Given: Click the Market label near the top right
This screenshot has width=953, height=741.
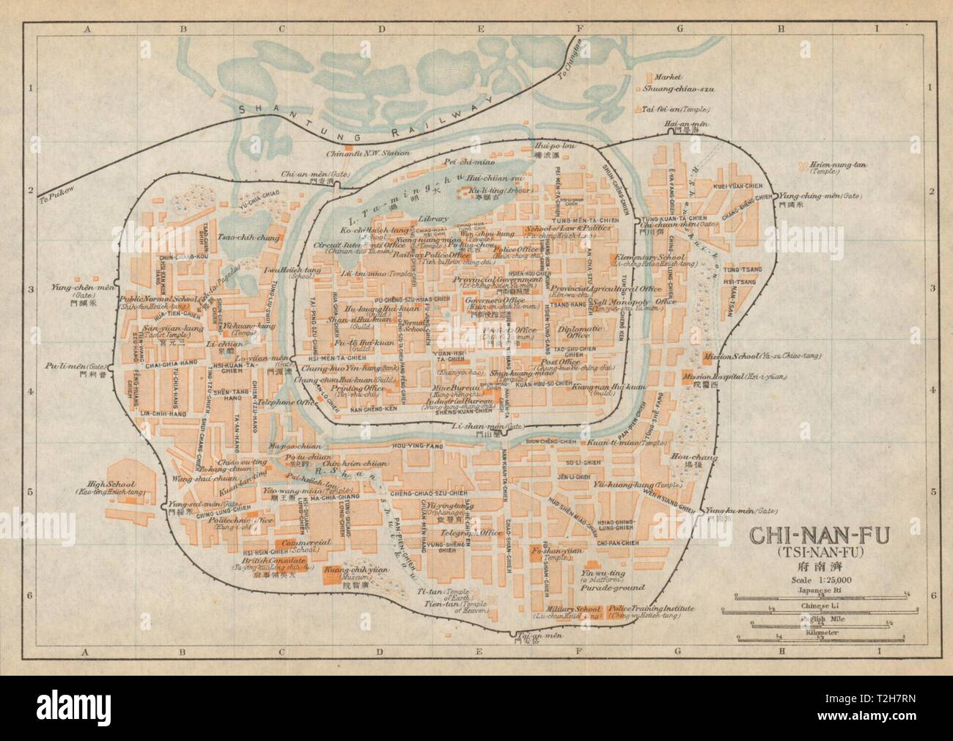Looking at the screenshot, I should [669, 76].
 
